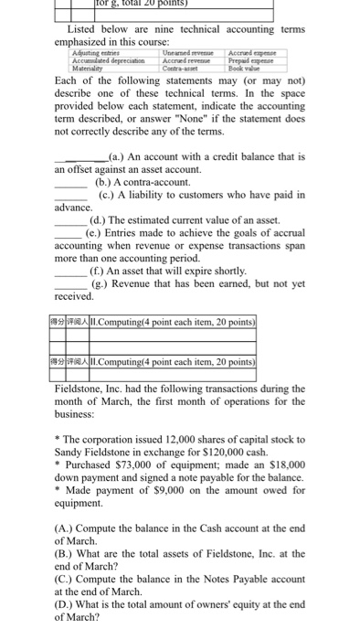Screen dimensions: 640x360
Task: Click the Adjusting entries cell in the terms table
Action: [95, 54]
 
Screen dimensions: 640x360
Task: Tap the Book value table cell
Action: [259, 69]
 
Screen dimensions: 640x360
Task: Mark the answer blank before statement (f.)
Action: [69, 272]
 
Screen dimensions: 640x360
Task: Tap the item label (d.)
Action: [100, 221]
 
